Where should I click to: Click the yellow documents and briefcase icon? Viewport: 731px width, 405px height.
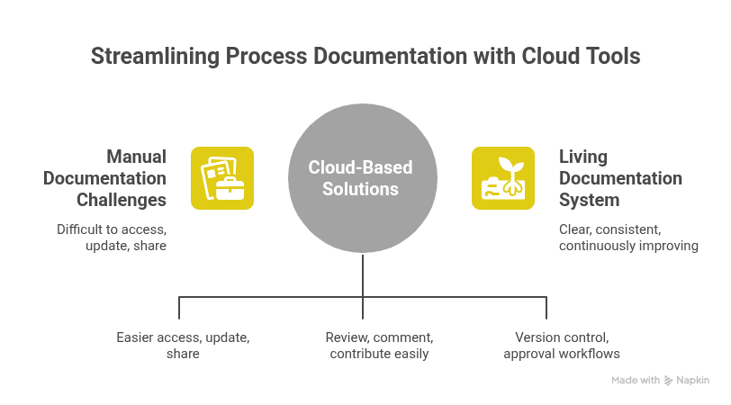click(x=222, y=178)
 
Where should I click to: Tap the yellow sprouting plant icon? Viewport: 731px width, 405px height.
click(x=502, y=178)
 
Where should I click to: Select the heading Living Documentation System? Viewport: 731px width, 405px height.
click(x=620, y=178)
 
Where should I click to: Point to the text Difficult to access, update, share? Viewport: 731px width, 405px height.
click(x=112, y=238)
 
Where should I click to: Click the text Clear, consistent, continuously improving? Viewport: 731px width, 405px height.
click(x=627, y=238)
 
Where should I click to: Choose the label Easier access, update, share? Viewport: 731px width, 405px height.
click(x=183, y=346)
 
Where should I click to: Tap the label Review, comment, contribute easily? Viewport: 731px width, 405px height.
click(x=379, y=346)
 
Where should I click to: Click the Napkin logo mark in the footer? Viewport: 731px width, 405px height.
click(x=669, y=381)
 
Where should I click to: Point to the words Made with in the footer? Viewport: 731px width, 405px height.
click(x=636, y=381)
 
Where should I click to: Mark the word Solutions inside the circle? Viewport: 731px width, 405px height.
click(x=362, y=189)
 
